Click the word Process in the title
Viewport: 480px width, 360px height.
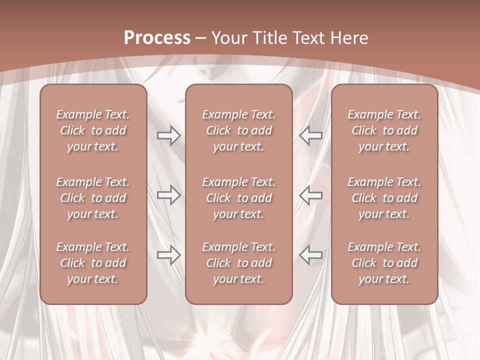point(157,38)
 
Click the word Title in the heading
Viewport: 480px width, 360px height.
point(268,38)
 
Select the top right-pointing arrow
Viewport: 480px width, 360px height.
point(169,135)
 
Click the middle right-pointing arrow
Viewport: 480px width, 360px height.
point(169,195)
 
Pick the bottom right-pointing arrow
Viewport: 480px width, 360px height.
point(169,255)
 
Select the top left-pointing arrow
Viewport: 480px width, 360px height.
point(310,135)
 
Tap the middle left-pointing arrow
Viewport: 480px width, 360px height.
point(310,195)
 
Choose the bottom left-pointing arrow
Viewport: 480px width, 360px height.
point(310,255)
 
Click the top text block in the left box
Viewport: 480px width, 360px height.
point(93,130)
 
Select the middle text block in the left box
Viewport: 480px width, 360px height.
point(93,198)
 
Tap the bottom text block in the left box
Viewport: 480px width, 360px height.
point(93,263)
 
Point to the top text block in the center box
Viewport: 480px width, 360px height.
point(239,130)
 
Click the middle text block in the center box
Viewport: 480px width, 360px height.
point(239,198)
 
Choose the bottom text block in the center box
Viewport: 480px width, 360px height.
point(239,263)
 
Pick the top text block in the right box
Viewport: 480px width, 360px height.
point(384,130)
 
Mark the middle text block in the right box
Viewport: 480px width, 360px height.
point(384,198)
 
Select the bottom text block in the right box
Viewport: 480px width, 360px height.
point(384,263)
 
